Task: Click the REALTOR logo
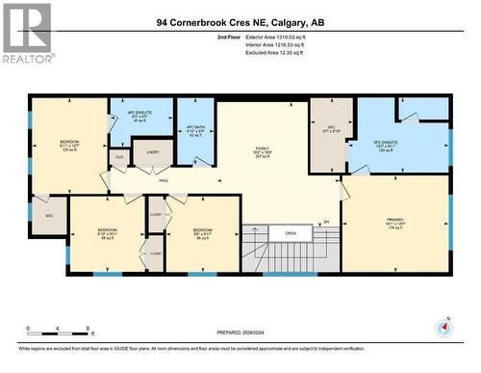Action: coord(26,33)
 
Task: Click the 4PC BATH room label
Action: coord(195,131)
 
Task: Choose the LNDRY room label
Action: coord(152,151)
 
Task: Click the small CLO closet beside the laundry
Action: coord(119,155)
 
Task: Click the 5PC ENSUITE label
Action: coord(385,146)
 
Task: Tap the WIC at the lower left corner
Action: coord(47,216)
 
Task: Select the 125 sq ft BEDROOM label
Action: coord(69,146)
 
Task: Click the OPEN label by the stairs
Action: coord(291,232)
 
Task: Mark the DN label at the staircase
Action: coord(325,223)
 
